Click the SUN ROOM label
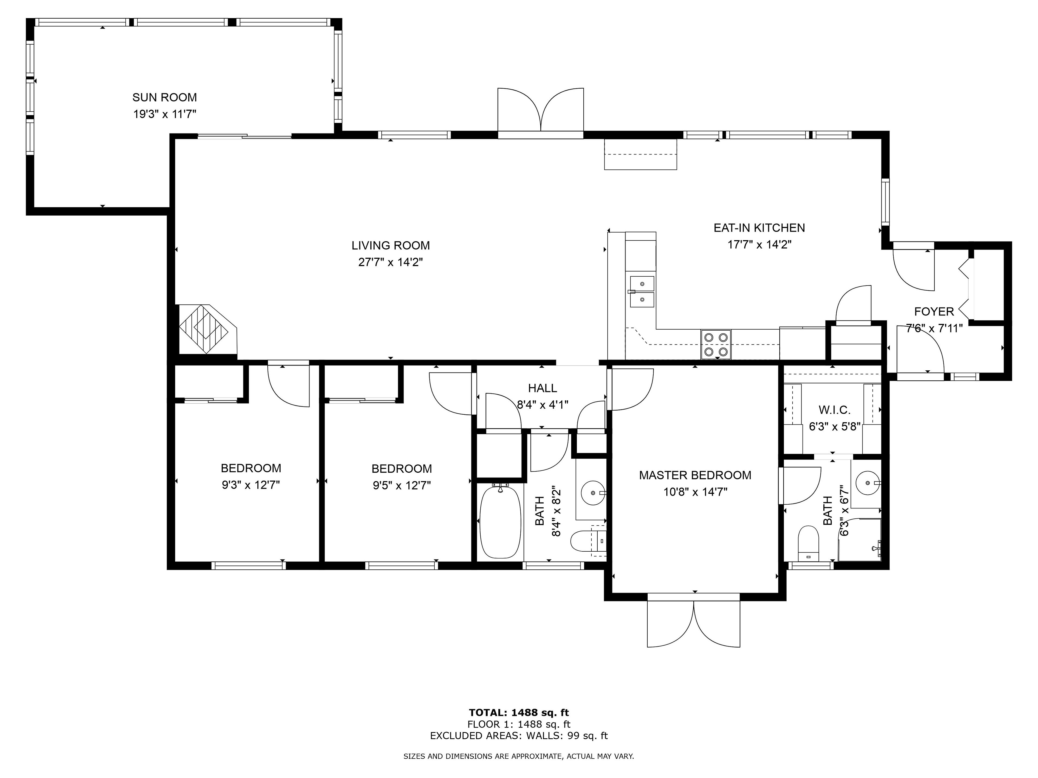(164, 98)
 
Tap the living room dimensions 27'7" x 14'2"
(390, 262)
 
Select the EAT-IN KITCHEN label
(759, 228)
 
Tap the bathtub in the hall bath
(501, 521)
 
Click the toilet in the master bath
(808, 543)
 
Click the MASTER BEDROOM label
(695, 475)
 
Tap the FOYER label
(934, 311)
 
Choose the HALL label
(543, 388)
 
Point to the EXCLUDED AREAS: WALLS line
(519, 736)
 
